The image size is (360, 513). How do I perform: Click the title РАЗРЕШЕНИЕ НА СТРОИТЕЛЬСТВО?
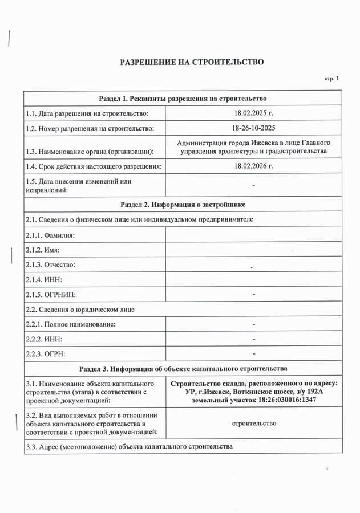[191, 62]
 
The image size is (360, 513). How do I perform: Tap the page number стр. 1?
[331, 79]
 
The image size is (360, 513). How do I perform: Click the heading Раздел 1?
[183, 99]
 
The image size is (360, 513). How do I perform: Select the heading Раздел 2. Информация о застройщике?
[183, 204]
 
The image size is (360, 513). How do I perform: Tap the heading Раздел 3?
[183, 368]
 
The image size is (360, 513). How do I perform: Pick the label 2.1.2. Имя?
[43, 250]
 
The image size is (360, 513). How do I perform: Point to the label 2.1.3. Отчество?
[50, 264]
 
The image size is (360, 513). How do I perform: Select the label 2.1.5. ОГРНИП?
[51, 295]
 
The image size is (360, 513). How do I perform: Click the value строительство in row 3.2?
[254, 423]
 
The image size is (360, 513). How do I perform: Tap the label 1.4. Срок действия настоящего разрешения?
[94, 166]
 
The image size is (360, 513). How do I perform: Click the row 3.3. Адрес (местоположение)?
[129, 446]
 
